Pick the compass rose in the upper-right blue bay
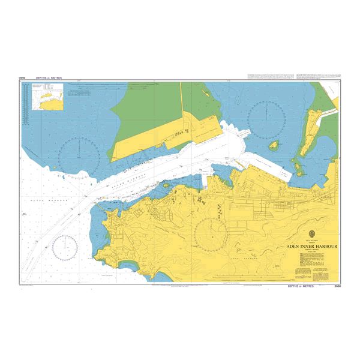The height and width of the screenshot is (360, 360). click(x=266, y=118)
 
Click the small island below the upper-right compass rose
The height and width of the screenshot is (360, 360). click(x=274, y=146)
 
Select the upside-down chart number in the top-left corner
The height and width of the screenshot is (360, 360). click(x=23, y=78)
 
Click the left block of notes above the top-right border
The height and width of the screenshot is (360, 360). click(x=269, y=77)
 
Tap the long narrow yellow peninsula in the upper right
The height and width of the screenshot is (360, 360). click(x=310, y=129)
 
